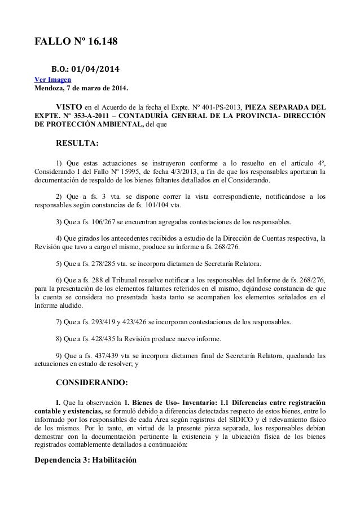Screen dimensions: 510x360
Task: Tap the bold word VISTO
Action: pyautogui.click(x=69, y=106)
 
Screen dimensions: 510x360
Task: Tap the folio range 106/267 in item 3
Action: pyautogui.click(x=102, y=221)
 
